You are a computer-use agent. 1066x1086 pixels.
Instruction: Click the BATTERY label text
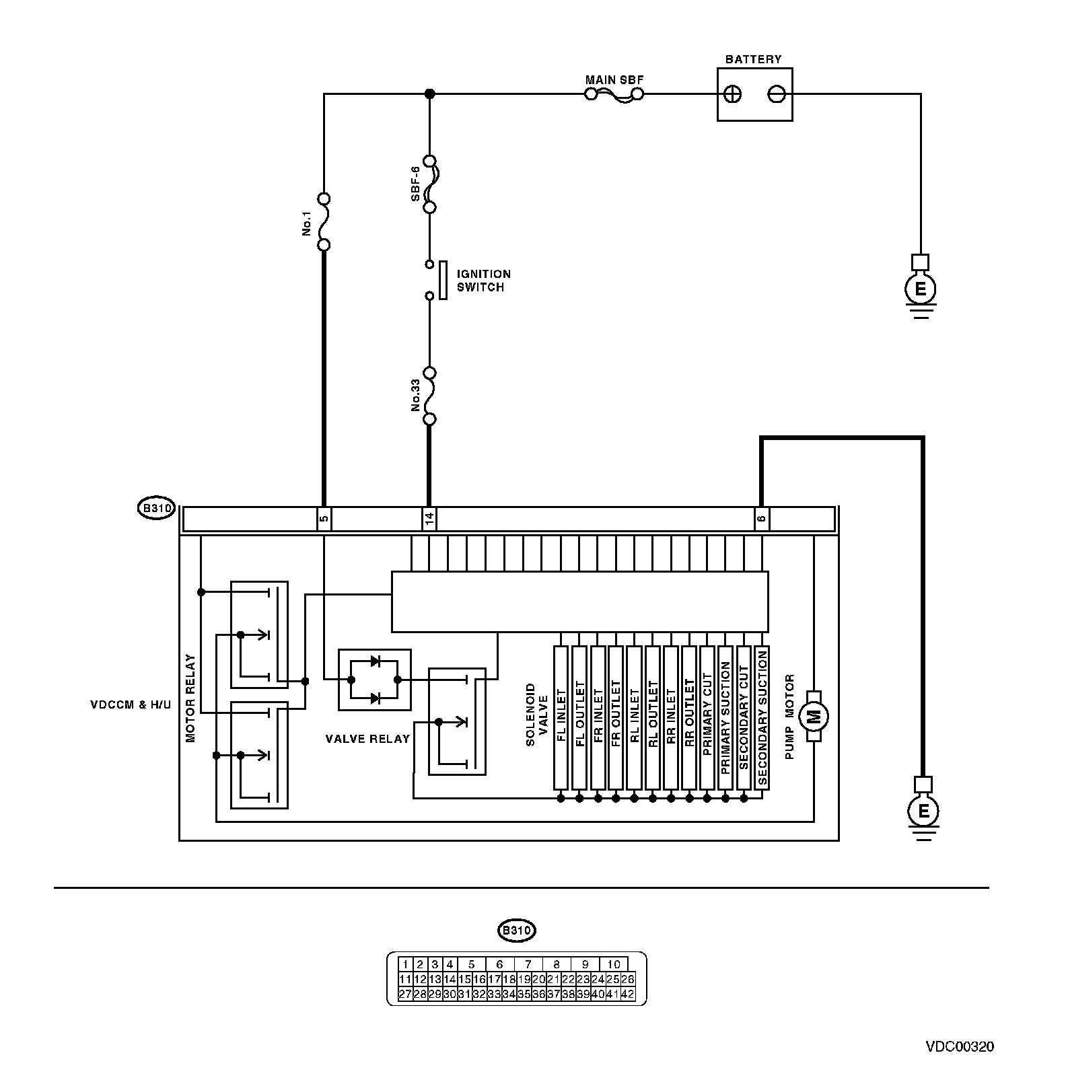pyautogui.click(x=753, y=59)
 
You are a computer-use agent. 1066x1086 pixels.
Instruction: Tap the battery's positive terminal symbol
pyautogui.click(x=734, y=94)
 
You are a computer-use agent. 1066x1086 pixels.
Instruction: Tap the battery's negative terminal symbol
pyautogui.click(x=777, y=94)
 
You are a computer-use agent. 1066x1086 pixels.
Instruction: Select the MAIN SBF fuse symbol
pyautogui.click(x=614, y=95)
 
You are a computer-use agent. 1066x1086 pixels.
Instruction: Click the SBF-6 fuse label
pyautogui.click(x=415, y=184)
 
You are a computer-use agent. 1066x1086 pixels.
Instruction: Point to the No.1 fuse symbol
pyautogui.click(x=324, y=221)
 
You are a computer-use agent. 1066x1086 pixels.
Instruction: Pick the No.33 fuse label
pyautogui.click(x=415, y=395)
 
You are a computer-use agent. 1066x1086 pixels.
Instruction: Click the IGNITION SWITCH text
pyautogui.click(x=484, y=281)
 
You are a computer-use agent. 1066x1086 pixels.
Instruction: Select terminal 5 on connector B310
pyautogui.click(x=324, y=519)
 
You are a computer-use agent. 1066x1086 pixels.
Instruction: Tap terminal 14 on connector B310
pyautogui.click(x=429, y=519)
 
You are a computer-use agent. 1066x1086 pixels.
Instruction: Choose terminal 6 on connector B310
pyautogui.click(x=761, y=519)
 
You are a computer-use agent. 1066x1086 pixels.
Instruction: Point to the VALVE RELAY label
pyautogui.click(x=367, y=739)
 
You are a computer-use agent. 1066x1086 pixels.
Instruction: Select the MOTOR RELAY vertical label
pyautogui.click(x=190, y=698)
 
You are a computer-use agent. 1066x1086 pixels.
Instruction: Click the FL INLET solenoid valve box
pyautogui.click(x=561, y=717)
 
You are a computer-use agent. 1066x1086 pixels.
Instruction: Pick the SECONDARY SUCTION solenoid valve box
pyautogui.click(x=762, y=717)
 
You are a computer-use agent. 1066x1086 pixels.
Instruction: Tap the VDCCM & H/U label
pyautogui.click(x=131, y=705)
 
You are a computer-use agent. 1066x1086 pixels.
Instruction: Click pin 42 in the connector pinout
pyautogui.click(x=627, y=994)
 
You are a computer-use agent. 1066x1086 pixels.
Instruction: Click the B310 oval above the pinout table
pyautogui.click(x=516, y=931)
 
